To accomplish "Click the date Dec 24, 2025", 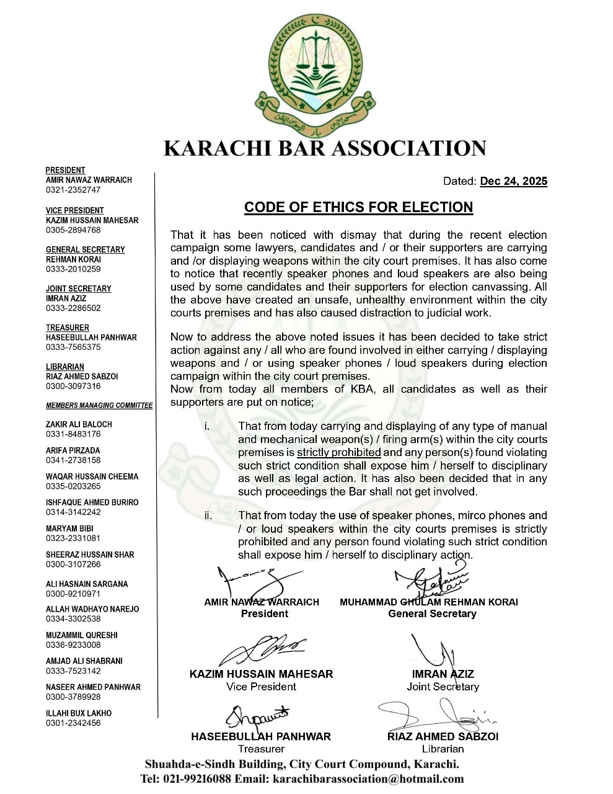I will point(514,181).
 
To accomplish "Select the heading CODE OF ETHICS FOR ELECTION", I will point(358,207).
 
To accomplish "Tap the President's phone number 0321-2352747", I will point(73,190).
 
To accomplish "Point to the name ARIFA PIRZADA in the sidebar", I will point(73,450).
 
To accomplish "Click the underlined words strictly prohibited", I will point(338,452).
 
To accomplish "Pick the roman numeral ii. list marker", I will point(208,515).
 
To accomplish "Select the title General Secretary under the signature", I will point(432,613).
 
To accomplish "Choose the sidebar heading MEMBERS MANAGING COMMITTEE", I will point(99,406).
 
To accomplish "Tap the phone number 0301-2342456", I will point(73,723).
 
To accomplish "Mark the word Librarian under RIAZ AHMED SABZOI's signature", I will point(443,749).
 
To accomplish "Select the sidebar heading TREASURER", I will point(68,328).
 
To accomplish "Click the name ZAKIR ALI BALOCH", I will point(79,424).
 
